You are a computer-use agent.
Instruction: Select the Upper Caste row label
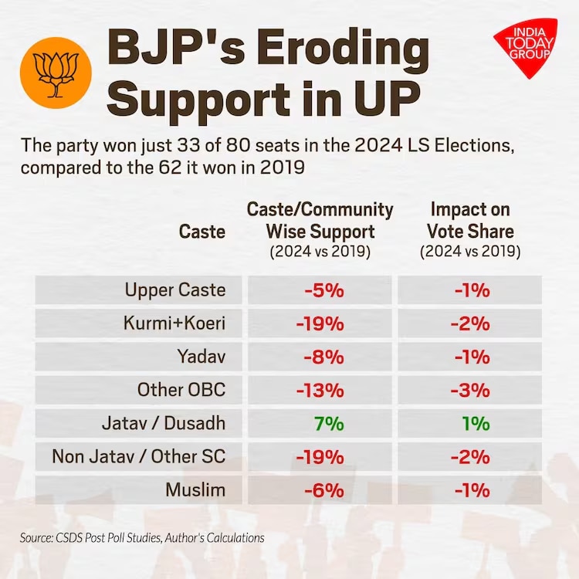(x=175, y=290)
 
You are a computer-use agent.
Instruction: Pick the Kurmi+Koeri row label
(x=174, y=323)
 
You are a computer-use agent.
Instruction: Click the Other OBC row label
(x=181, y=390)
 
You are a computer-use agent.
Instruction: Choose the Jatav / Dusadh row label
(x=164, y=423)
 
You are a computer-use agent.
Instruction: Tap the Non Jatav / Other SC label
(x=139, y=456)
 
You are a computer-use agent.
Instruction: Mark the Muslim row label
(x=195, y=489)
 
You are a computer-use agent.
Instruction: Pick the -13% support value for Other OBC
(x=320, y=390)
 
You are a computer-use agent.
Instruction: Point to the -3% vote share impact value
(x=469, y=390)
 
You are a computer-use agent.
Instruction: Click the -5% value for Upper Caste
(x=323, y=290)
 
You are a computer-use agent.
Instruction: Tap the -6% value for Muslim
(x=323, y=489)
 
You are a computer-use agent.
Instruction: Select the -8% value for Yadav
(x=323, y=357)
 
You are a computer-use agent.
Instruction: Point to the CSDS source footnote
(x=142, y=537)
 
